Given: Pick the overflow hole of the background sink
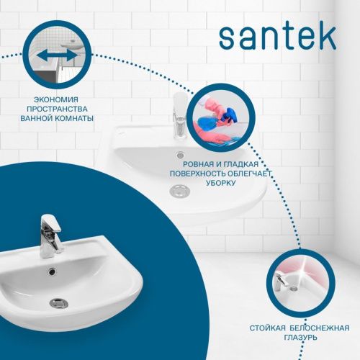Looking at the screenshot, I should point(180,154).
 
